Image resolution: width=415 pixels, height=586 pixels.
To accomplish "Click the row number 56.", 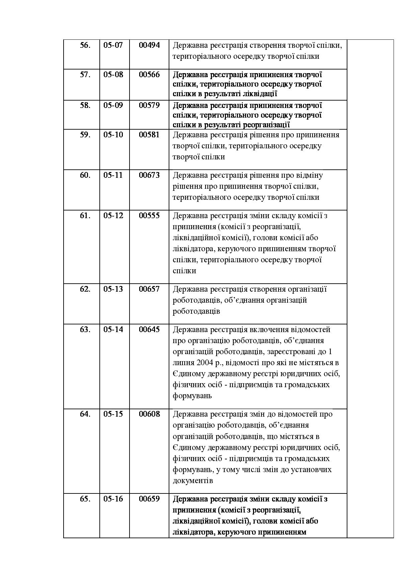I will point(85,45).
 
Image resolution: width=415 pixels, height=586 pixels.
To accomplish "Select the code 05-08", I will point(113,75).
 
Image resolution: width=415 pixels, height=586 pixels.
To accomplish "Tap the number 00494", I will point(149,45).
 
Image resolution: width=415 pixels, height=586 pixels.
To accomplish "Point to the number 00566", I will point(149,75).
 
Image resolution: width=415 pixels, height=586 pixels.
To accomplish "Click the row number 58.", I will point(85,105).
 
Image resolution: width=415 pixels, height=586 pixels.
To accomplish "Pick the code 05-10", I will point(113,135).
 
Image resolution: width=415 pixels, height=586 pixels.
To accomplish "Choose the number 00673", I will point(149,175).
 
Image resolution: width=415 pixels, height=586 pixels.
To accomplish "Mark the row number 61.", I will point(85,215).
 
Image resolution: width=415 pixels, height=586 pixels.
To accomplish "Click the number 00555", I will point(149,215).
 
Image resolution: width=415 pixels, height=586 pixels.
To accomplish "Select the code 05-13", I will point(113,289).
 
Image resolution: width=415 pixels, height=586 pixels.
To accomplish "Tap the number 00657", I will point(149,289).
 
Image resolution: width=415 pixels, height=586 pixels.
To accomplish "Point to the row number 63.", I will point(85,329).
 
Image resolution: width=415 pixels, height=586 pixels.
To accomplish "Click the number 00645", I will point(149,329).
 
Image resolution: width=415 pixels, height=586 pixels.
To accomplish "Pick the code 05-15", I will point(113,414).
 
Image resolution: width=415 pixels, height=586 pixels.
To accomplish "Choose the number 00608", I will point(149,414).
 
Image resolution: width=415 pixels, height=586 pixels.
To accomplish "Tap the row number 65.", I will point(85,499).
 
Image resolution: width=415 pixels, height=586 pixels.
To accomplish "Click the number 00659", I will point(149,499).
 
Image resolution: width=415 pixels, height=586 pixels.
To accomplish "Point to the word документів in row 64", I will point(193,481).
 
